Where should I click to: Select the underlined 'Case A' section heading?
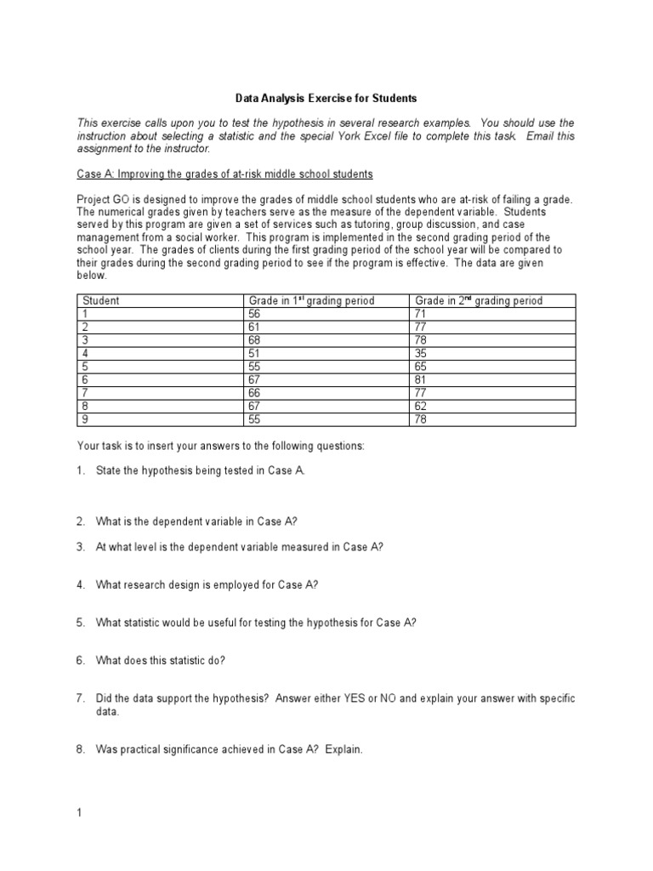(224, 174)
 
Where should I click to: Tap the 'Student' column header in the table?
(100, 300)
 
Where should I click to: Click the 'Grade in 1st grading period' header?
(311, 300)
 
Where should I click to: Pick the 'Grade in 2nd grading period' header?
(478, 300)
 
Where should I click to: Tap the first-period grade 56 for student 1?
(255, 313)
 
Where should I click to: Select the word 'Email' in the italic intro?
(536, 135)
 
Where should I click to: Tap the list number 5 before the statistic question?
(80, 622)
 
